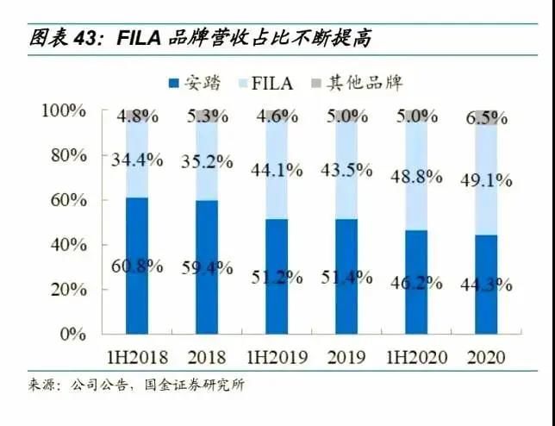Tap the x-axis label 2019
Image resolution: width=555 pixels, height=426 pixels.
click(x=348, y=356)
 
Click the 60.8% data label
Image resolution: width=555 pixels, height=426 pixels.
click(x=137, y=266)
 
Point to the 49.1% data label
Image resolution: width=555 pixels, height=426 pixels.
click(x=489, y=181)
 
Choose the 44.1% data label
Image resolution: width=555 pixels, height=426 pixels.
click(x=277, y=170)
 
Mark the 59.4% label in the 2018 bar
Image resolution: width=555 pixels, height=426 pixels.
click(x=207, y=267)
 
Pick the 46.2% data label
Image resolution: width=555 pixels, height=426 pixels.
click(x=418, y=281)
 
